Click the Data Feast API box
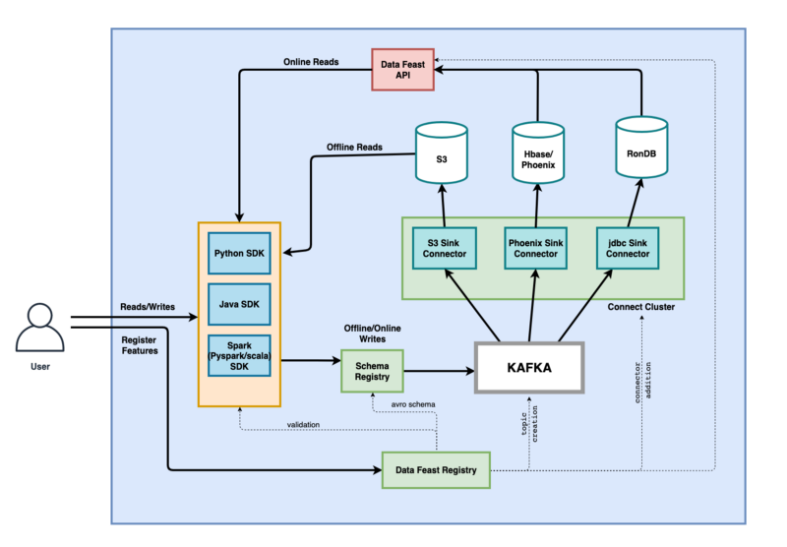402,70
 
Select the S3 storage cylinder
442,153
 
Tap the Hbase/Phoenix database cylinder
538,153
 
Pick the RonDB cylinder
641,148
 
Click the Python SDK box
239,254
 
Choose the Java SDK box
239,304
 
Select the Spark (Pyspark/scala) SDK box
239,356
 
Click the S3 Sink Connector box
445,248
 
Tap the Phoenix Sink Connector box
535,248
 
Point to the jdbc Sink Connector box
628,248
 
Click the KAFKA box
529,368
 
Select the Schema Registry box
372,371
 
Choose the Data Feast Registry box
436,470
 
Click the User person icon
39,328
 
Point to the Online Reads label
311,62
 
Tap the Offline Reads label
354,147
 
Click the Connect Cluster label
641,307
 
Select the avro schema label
413,404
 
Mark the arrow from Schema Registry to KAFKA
439,371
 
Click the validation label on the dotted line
303,425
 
